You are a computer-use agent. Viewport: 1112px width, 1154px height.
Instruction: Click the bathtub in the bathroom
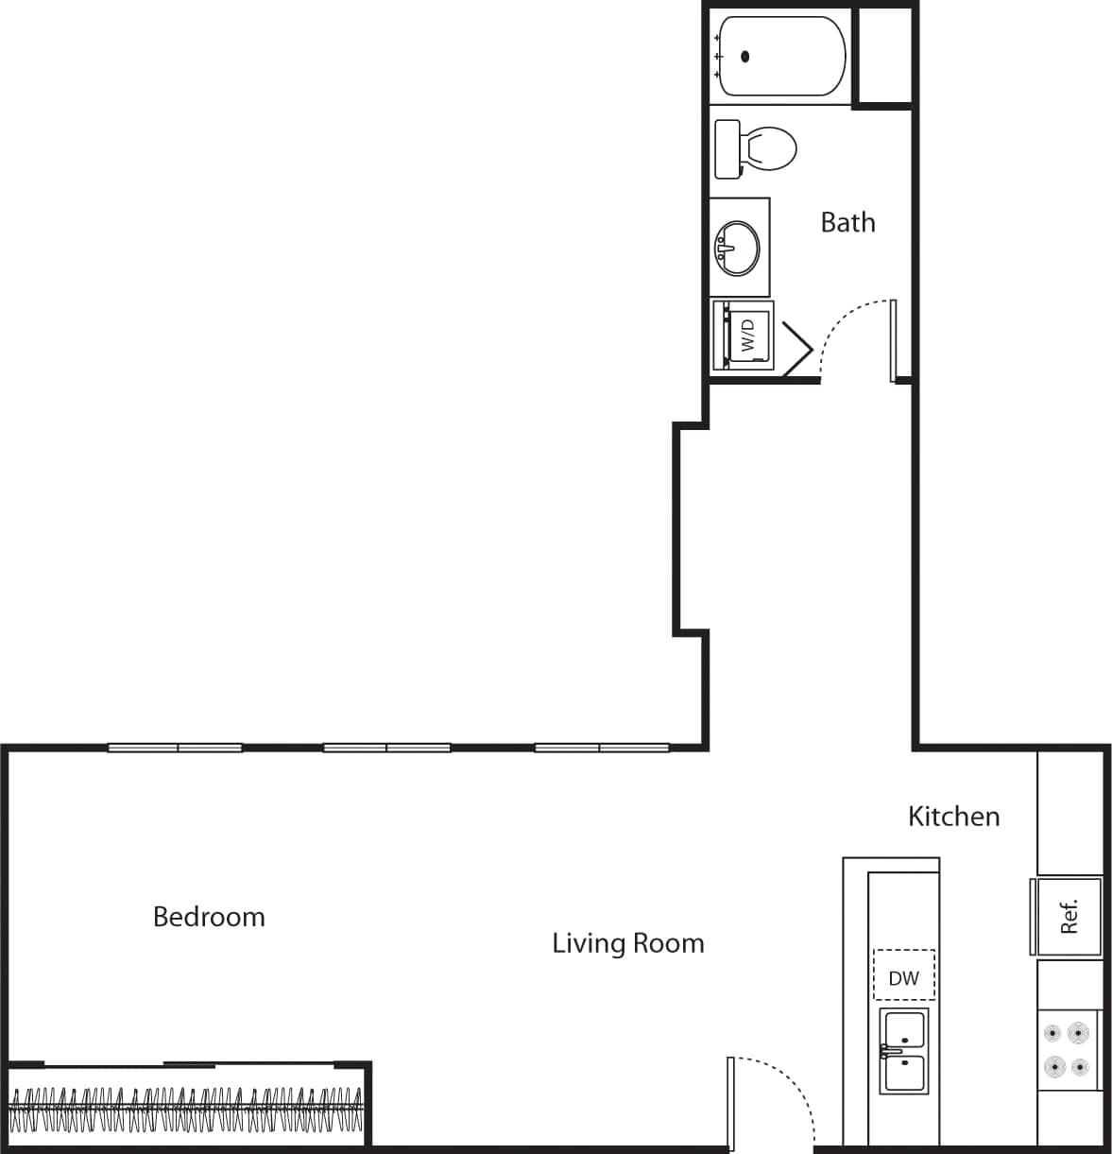(x=780, y=56)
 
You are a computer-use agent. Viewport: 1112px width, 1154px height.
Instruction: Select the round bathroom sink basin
(x=737, y=248)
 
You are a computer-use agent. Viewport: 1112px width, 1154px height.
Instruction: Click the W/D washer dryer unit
(x=743, y=335)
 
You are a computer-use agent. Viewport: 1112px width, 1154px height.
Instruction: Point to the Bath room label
(x=847, y=223)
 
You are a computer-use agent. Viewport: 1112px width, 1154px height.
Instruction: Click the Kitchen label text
(x=953, y=817)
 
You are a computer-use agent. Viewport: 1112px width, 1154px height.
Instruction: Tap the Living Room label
(x=628, y=943)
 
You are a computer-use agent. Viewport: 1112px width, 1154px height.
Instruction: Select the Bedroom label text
(x=209, y=917)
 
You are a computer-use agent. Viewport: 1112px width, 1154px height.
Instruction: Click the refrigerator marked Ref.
(x=1068, y=916)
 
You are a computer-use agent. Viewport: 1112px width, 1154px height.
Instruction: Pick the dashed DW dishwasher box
(x=904, y=976)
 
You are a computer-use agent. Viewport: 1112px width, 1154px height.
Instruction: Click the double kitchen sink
(x=904, y=1050)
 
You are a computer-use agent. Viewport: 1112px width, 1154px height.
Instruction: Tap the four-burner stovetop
(x=1068, y=1050)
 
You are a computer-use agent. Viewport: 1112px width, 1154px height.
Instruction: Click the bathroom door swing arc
(x=846, y=331)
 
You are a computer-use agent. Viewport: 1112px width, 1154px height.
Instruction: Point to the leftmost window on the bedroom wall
(x=176, y=748)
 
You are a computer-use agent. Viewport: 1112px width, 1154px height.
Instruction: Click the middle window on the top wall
(x=387, y=748)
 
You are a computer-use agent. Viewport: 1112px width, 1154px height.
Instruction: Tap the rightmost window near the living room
(x=602, y=748)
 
